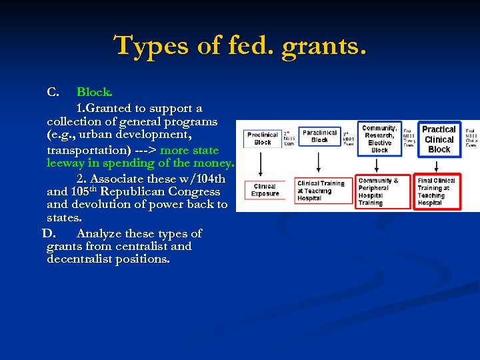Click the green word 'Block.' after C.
tap(95, 92)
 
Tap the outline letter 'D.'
tap(51, 233)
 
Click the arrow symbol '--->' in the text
tap(143, 150)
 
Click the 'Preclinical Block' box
tap(263, 138)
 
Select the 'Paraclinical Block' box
tap(319, 136)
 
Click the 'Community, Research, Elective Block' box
tap(379, 139)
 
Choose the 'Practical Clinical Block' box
tap(439, 139)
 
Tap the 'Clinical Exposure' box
tap(265, 190)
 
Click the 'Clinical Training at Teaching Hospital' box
tap(321, 191)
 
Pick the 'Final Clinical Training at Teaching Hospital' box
tap(437, 191)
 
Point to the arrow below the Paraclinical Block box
tap(319, 161)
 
